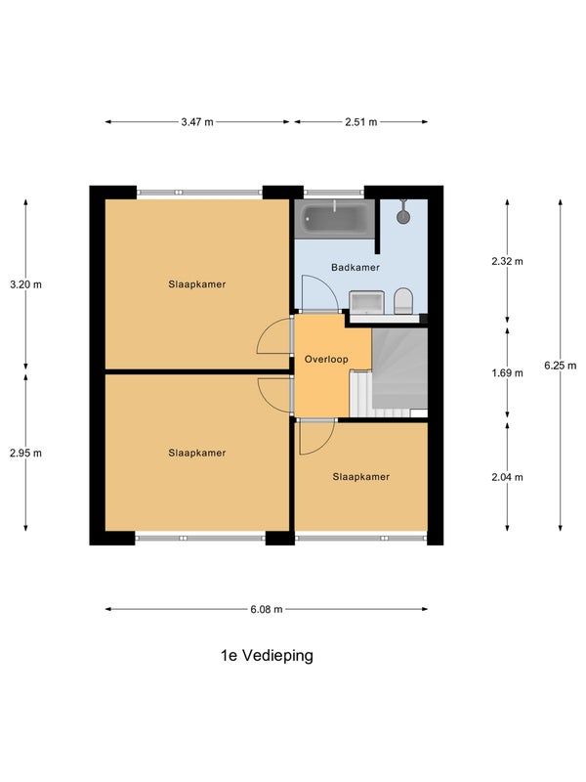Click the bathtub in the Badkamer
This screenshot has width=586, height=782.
pos(334,219)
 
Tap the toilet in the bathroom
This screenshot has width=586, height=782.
pos(403,301)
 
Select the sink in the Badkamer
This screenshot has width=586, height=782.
pos(367,303)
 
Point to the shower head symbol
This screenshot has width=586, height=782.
pos(403,212)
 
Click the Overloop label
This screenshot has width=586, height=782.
pos(326,359)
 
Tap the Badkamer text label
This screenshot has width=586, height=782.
pos(356,267)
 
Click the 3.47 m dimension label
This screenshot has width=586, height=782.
pos(197,121)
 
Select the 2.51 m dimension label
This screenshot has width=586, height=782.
pos(361,121)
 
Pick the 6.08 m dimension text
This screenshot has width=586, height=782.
pos(267,609)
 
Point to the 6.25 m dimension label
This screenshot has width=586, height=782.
pos(560,366)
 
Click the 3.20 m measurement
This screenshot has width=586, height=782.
pos(26,284)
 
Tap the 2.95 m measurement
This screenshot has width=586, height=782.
pos(26,453)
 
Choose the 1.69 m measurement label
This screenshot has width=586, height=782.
pos(507,373)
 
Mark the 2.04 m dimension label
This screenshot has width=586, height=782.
pos(507,477)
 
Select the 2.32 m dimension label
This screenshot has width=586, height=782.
pos(507,261)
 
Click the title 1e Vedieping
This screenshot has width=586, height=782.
pos(267,655)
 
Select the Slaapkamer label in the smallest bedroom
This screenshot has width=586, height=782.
pos(360,477)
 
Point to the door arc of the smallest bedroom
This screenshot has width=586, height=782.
pos(324,445)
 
